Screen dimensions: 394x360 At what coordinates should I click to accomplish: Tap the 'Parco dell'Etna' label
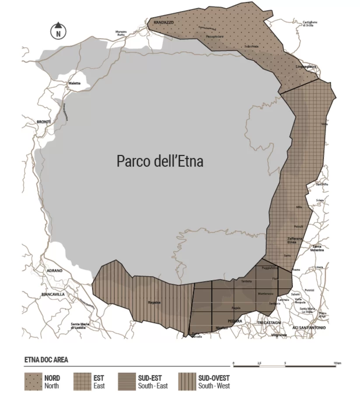pos(160,161)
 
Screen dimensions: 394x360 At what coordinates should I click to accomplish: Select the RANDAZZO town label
pos(164,22)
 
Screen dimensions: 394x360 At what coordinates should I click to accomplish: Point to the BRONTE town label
pos(44,121)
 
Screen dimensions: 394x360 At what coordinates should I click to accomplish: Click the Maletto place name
pos(74,83)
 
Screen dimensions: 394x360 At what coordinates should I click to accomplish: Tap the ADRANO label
pos(55,271)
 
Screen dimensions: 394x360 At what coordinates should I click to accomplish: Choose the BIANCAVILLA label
pos(52,295)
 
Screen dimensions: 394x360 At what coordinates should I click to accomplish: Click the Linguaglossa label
pos(306,67)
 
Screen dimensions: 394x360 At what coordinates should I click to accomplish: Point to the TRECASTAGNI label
pos(268,323)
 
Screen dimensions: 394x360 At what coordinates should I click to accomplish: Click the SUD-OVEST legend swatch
pos(187,381)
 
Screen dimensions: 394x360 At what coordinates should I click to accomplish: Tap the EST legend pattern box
pos(81,381)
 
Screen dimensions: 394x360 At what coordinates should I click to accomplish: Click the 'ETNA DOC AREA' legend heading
pos(46,360)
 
